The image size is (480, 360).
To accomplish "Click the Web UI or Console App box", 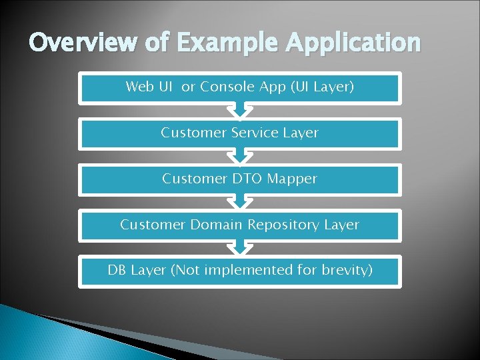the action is point(240,87).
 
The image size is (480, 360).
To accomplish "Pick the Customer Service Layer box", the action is point(240,133).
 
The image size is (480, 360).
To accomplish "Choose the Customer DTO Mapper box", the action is point(240,179).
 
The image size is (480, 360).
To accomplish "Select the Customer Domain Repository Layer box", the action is point(240,225).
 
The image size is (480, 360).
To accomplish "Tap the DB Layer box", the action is point(240,271).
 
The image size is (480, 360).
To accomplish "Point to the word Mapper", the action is point(291,179).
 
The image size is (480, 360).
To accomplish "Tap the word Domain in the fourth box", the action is point(217,225).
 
